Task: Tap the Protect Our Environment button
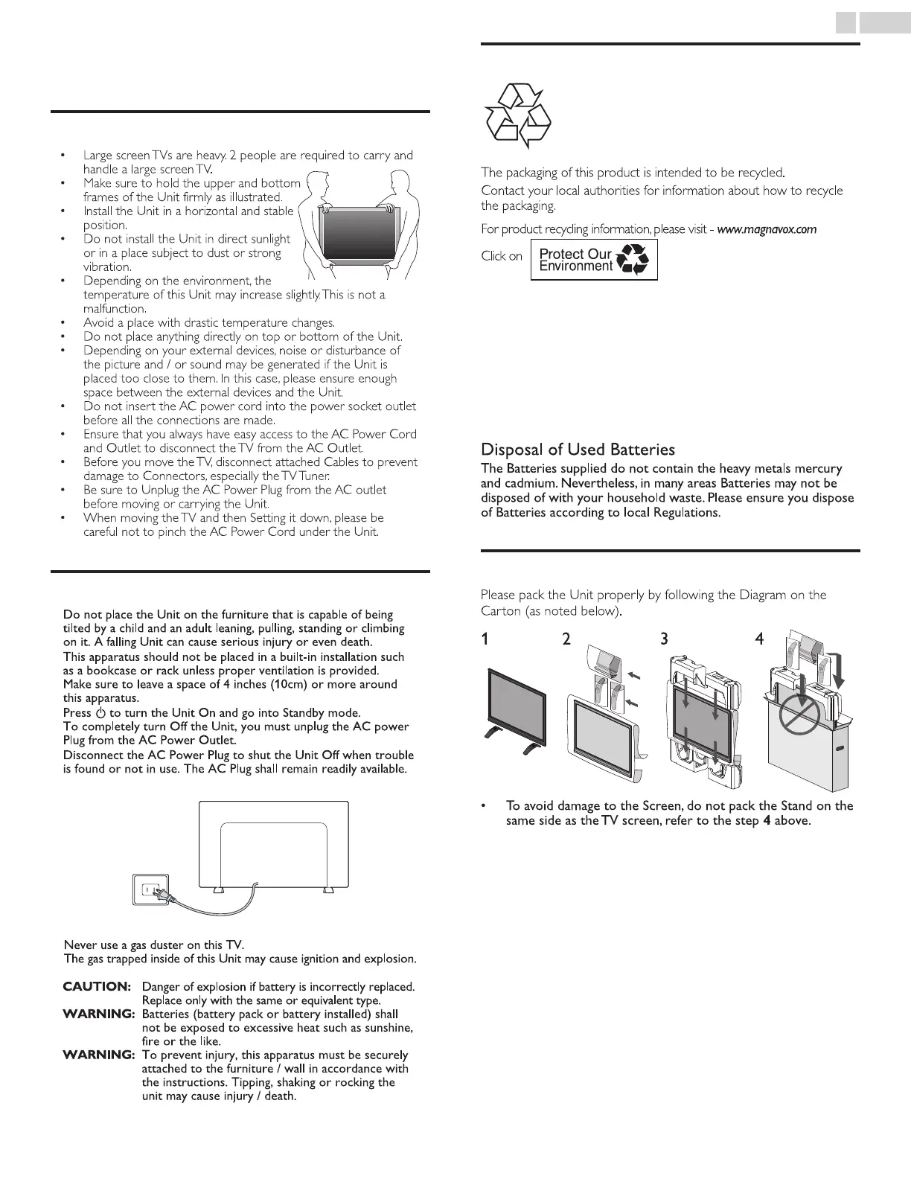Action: (x=594, y=260)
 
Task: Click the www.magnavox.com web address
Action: (x=767, y=229)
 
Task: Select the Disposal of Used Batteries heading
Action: (x=578, y=450)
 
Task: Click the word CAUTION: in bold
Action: (x=97, y=986)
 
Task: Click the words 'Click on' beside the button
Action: (x=502, y=256)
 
